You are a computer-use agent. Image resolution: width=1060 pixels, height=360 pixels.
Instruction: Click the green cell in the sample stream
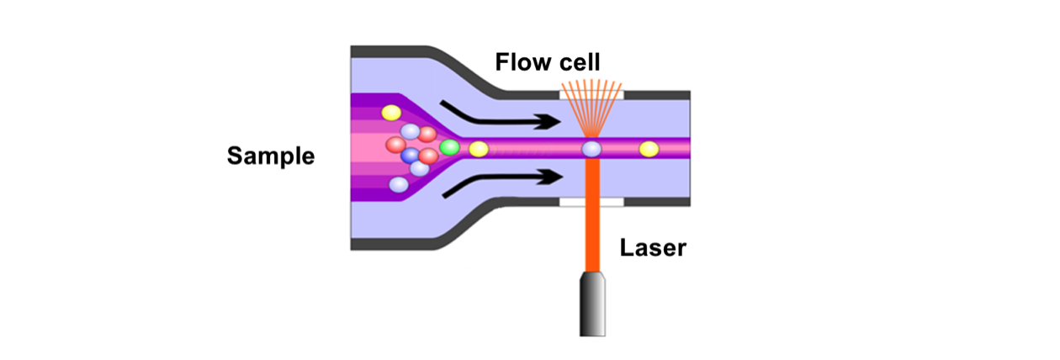point(449,148)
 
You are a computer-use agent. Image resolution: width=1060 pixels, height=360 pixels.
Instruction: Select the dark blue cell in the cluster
point(411,156)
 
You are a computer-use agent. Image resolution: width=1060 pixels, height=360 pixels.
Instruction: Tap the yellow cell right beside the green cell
point(479,150)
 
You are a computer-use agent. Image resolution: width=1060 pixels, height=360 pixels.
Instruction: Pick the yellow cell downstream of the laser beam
point(649,150)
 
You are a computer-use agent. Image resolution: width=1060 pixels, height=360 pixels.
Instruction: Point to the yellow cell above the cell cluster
point(391,113)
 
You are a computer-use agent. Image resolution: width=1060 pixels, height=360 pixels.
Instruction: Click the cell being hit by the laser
point(592,150)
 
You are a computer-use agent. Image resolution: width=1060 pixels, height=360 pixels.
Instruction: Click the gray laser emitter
point(593,304)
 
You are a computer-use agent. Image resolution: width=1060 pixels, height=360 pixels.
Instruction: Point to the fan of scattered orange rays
point(592,105)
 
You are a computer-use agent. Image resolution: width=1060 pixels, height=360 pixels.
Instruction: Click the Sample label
point(270,156)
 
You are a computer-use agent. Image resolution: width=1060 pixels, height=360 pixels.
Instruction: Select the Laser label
point(653,248)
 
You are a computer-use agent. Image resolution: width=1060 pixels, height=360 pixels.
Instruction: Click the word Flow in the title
point(520,62)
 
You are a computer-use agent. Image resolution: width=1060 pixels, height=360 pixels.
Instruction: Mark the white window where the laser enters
point(592,203)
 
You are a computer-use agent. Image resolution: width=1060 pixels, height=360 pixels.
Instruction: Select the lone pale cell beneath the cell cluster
point(399,184)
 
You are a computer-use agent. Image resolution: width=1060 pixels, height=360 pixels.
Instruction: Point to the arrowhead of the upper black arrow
point(552,122)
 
